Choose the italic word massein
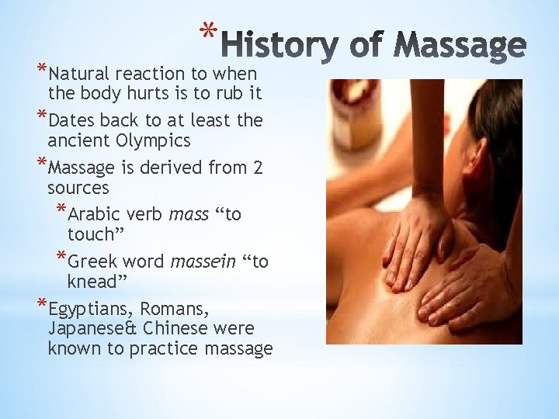coord(203,261)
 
